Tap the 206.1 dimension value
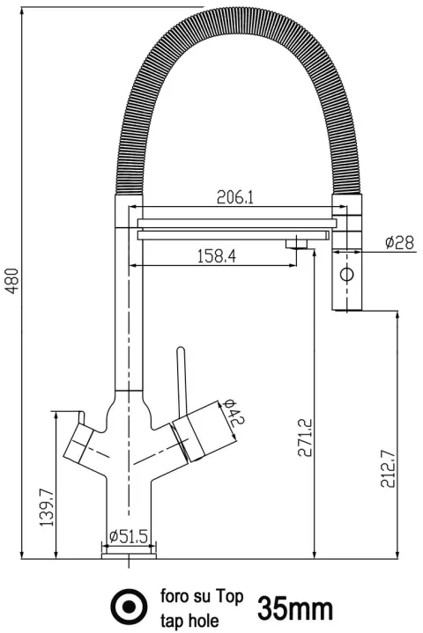[235, 197]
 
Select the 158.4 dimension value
[217, 256]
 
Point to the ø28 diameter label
[399, 242]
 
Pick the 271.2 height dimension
[305, 438]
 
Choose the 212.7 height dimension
[389, 468]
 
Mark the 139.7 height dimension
[47, 507]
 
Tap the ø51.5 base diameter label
[129, 536]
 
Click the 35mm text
[295, 608]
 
